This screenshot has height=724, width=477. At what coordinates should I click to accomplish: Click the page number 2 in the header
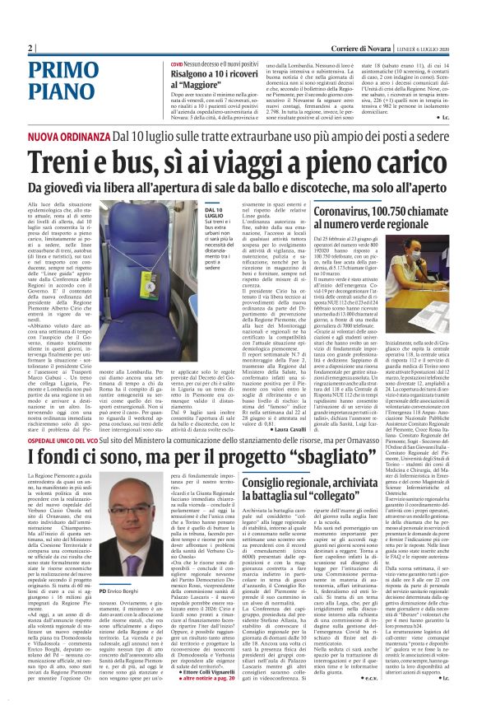[30, 48]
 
